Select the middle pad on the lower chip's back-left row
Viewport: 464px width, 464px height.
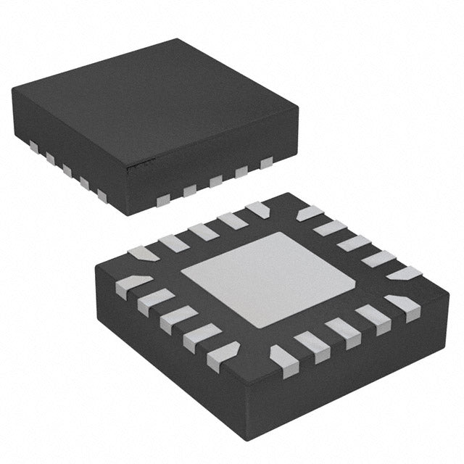pyautogui.click(x=202, y=231)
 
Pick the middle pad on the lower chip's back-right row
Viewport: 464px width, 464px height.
pyautogui.click(x=355, y=242)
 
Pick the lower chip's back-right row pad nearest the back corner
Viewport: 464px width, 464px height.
pyautogui.click(x=310, y=212)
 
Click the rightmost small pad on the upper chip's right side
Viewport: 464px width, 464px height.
pyautogui.click(x=266, y=162)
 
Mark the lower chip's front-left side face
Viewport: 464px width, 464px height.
pyautogui.click(x=167, y=348)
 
